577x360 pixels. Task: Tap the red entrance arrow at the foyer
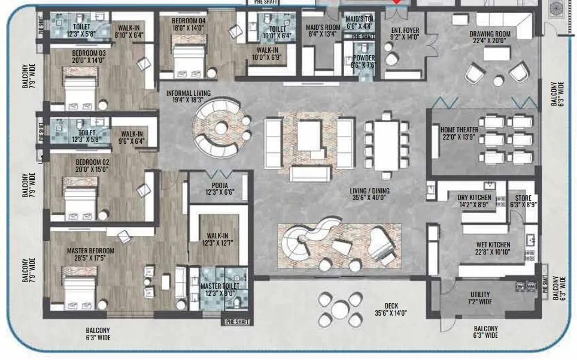point(396,3)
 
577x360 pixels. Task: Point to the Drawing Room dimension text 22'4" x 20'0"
point(490,41)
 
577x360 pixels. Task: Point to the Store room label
point(522,198)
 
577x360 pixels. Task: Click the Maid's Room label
point(323,27)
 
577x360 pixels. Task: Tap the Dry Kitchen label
point(474,198)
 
